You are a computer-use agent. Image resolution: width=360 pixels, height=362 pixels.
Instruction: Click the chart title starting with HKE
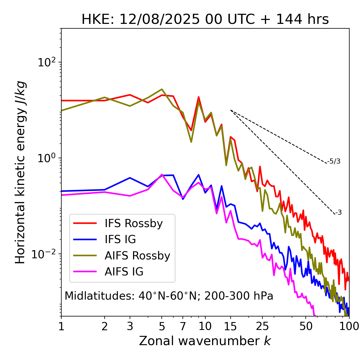(x=205, y=20)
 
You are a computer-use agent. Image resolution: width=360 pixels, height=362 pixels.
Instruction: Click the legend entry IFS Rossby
(x=134, y=223)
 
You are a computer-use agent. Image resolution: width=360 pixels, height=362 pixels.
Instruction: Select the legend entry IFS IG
(x=120, y=239)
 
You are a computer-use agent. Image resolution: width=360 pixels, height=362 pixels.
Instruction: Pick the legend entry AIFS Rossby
(x=137, y=256)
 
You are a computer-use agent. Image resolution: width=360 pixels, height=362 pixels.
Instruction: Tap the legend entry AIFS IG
(x=124, y=272)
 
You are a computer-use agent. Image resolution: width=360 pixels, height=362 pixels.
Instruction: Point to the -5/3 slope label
(x=334, y=161)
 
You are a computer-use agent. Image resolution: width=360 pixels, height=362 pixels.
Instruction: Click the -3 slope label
(x=338, y=213)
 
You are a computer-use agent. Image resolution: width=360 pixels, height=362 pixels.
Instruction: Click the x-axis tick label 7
(x=183, y=326)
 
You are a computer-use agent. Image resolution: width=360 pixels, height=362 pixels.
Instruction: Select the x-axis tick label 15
(x=230, y=326)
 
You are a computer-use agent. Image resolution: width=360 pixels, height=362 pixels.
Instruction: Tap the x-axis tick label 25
(x=262, y=326)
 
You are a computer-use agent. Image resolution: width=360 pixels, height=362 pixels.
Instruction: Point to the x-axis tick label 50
(x=306, y=326)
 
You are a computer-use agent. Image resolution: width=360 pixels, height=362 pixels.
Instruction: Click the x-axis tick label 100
(x=349, y=326)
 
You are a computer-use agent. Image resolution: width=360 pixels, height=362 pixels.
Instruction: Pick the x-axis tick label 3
(x=130, y=326)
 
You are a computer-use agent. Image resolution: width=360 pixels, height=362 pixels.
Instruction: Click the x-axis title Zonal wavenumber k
(x=205, y=341)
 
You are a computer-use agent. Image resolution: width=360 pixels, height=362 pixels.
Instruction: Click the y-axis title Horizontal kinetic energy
(x=20, y=172)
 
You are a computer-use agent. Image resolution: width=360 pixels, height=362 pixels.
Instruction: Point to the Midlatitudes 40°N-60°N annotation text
(x=169, y=296)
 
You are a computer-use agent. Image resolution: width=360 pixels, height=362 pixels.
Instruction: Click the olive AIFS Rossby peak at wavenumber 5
(x=162, y=89)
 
